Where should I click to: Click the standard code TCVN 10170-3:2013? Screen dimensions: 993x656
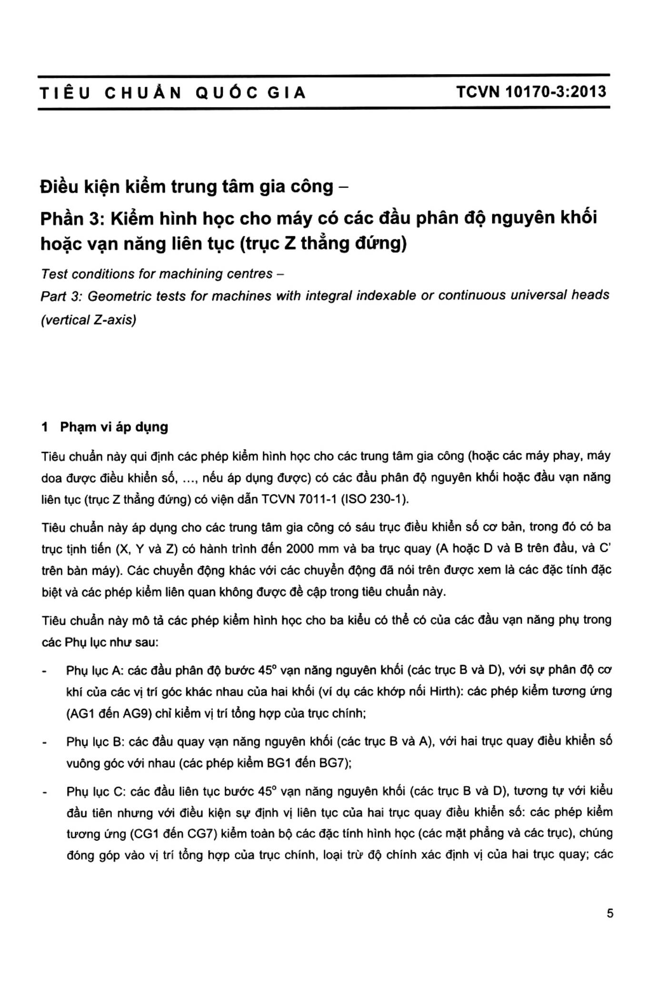click(531, 91)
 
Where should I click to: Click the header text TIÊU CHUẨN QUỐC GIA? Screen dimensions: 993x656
click(172, 92)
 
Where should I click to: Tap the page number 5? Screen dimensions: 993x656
click(610, 913)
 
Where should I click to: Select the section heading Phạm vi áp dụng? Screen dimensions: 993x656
click(114, 427)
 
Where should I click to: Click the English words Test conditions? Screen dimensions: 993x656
click(89, 274)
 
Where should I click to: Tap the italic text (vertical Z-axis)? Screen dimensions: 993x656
click(89, 320)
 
